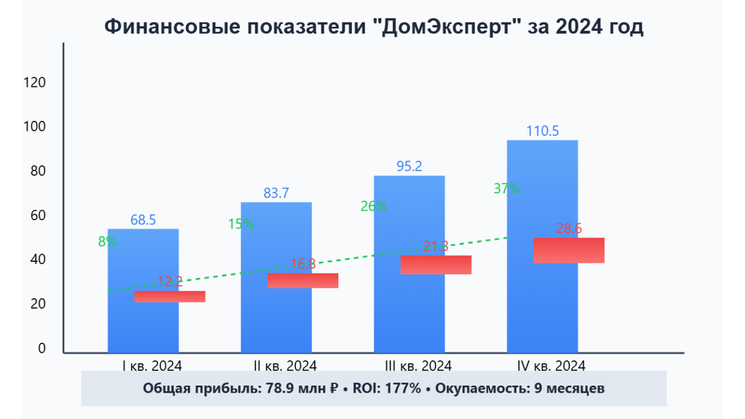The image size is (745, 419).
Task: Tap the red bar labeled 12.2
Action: click(170, 296)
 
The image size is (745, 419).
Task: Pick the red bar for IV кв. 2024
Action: click(569, 250)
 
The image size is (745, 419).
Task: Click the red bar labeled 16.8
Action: click(303, 280)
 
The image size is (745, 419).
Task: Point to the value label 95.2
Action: click(409, 166)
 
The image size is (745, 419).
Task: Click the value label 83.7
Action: click(276, 193)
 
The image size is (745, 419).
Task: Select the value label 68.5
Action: click(143, 220)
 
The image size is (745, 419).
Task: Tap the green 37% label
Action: click(507, 188)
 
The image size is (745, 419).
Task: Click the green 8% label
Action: click(107, 242)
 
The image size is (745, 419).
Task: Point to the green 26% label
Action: click(374, 206)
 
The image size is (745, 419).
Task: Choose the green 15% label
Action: click(240, 224)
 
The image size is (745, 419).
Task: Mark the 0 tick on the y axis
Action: click(41, 349)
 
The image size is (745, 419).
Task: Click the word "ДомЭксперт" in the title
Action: click(449, 27)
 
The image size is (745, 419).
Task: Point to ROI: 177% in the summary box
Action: click(387, 388)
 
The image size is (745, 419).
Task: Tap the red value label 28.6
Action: click(569, 229)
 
